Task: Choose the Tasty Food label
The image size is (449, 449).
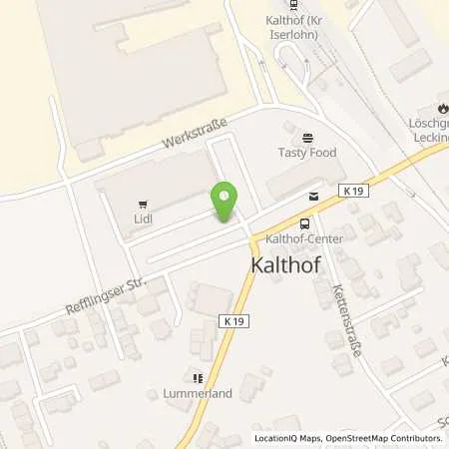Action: coord(306,153)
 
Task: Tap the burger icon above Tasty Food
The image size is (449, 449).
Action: coord(306,137)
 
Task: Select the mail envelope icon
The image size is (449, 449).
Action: coord(313,197)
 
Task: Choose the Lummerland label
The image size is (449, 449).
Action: coord(198,393)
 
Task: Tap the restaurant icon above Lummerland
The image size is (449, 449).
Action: coord(198,378)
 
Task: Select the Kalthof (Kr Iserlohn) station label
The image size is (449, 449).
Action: coord(294,26)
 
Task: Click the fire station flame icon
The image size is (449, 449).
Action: coord(442,110)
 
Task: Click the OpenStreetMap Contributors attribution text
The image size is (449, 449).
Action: coord(385,438)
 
